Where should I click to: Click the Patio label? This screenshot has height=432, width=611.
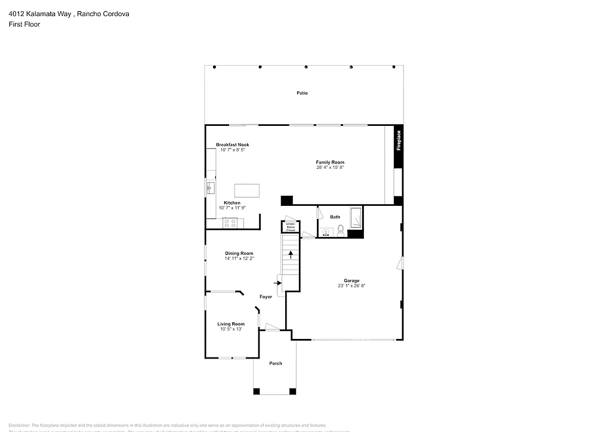click(x=303, y=93)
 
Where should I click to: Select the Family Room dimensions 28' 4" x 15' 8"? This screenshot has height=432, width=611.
click(x=330, y=168)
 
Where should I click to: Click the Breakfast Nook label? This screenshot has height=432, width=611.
click(x=233, y=145)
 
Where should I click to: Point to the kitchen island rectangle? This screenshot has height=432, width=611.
click(x=248, y=190)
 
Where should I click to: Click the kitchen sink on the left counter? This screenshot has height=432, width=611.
click(x=210, y=189)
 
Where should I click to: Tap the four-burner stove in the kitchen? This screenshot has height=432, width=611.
click(x=232, y=223)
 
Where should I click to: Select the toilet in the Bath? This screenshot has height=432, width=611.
click(x=340, y=230)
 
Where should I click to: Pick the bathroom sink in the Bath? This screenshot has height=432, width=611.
click(x=326, y=232)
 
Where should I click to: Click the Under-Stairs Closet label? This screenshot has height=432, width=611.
click(x=291, y=227)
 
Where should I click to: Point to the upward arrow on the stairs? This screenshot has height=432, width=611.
click(x=291, y=255)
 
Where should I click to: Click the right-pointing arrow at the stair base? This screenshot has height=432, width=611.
click(x=277, y=282)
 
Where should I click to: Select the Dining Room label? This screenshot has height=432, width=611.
click(x=239, y=254)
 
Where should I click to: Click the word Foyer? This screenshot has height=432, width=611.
click(x=266, y=297)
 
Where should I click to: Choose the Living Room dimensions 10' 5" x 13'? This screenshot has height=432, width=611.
click(x=232, y=329)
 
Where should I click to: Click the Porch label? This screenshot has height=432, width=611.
click(x=275, y=363)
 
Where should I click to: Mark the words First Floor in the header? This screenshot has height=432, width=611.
click(x=24, y=24)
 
